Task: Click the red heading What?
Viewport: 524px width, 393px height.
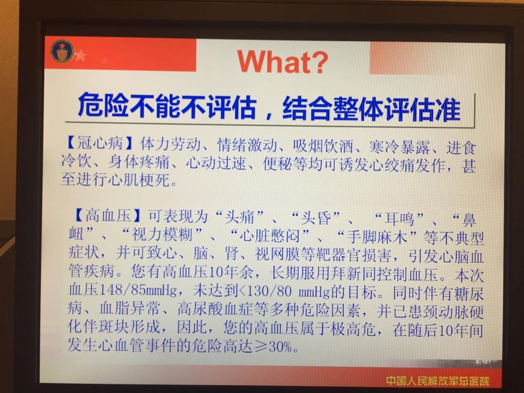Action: click(x=283, y=61)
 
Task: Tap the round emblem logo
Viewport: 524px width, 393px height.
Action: click(x=62, y=51)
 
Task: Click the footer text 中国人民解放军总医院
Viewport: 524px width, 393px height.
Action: click(x=438, y=380)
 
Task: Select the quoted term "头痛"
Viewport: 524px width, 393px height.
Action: click(x=239, y=217)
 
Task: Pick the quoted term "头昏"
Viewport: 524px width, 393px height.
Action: click(x=316, y=218)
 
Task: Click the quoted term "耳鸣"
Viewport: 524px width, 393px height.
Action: click(x=399, y=219)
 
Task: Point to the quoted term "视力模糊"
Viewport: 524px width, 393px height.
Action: click(x=162, y=234)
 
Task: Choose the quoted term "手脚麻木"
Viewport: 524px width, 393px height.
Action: click(x=378, y=237)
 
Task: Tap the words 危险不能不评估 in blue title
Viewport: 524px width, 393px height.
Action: click(x=167, y=106)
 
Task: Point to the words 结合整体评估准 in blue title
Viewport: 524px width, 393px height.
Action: click(x=372, y=108)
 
